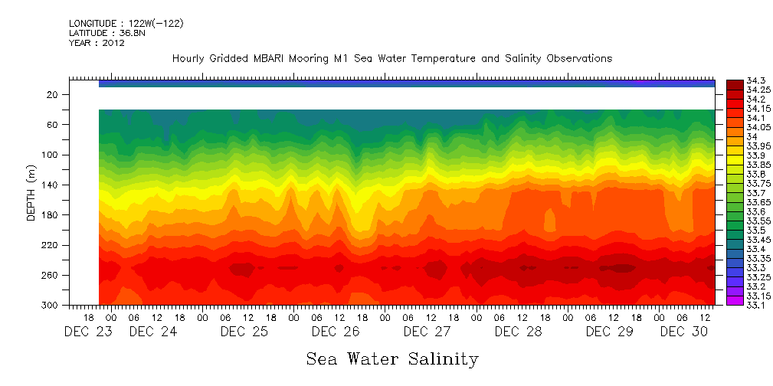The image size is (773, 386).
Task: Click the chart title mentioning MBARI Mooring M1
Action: coord(391,59)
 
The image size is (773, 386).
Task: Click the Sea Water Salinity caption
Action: coord(392,359)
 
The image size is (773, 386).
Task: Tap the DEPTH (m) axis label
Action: coord(31,195)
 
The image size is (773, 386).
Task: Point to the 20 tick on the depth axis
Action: coord(53,94)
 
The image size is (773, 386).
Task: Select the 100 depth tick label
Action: coord(51,155)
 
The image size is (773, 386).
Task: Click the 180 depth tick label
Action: coord(51,215)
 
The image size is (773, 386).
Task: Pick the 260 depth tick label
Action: coord(51,275)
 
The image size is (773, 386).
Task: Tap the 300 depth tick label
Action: coord(51,306)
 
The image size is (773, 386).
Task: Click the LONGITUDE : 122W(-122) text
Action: coord(126,24)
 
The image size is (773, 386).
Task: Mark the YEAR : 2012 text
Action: coord(97,43)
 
